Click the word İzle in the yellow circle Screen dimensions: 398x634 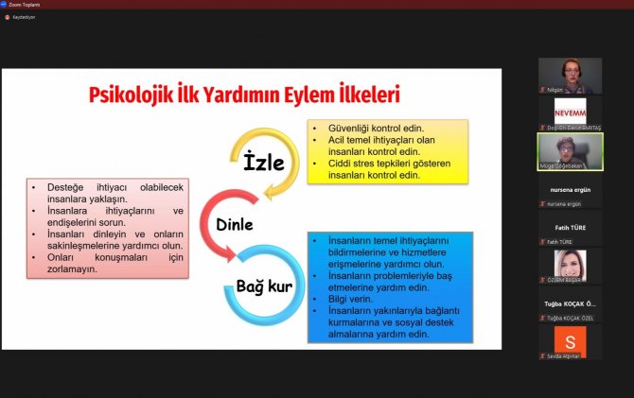pyautogui.click(x=264, y=162)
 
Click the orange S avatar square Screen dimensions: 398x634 pyautogui.click(x=570, y=341)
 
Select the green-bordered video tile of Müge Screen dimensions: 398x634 pyautogui.click(x=570, y=150)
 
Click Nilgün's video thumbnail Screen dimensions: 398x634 pyautogui.click(x=570, y=73)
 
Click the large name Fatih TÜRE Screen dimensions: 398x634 pyautogui.click(x=570, y=228)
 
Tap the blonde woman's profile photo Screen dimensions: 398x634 pyautogui.click(x=570, y=264)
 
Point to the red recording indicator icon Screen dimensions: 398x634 pyautogui.click(x=7, y=17)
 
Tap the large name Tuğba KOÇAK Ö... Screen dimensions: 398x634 pyautogui.click(x=570, y=303)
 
